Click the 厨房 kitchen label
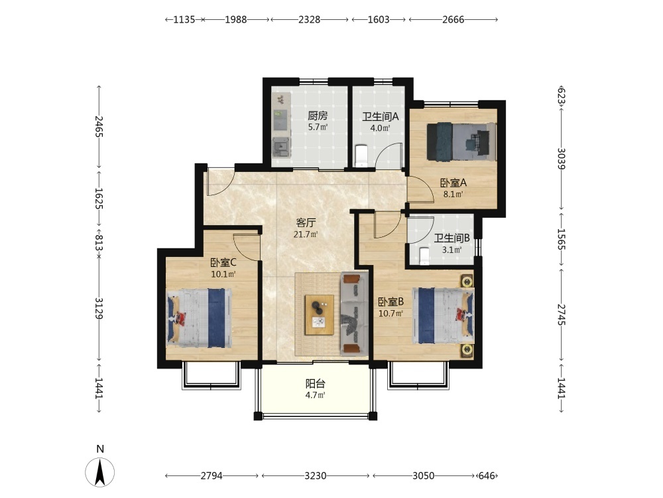(x=318, y=116)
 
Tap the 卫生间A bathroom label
(x=380, y=116)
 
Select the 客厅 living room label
(x=306, y=222)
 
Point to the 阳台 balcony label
(x=316, y=384)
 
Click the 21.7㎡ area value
(x=306, y=234)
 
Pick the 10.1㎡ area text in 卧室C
(x=223, y=274)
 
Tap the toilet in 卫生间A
(x=361, y=155)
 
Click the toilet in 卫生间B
(x=424, y=256)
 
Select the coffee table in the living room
(x=320, y=315)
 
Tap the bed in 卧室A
(x=461, y=142)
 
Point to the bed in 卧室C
(x=199, y=318)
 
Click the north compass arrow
(x=100, y=472)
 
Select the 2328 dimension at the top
(x=310, y=19)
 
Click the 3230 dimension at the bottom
(x=316, y=476)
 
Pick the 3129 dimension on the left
(x=99, y=308)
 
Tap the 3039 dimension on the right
(x=561, y=159)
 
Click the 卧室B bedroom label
(x=391, y=302)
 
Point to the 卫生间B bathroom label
(x=452, y=238)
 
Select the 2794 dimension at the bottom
(x=211, y=476)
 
